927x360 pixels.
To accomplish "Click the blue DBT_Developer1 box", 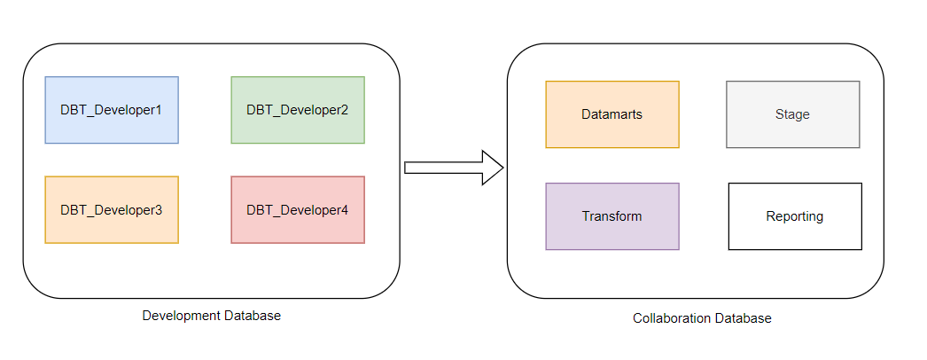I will (112, 110).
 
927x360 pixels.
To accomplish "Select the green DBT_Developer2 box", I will (298, 110).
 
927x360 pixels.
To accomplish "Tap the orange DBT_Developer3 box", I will (112, 210).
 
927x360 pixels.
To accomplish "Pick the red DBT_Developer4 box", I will (298, 210).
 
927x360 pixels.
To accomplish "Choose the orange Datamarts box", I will (612, 114).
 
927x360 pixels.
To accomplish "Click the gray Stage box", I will (792, 114).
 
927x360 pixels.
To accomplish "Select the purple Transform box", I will (612, 216).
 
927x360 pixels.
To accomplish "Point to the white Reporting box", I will (795, 216).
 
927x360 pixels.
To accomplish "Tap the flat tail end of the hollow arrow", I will (407, 168).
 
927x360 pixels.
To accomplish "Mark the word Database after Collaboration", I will (743, 318).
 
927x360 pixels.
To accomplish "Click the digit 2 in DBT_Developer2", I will (345, 110).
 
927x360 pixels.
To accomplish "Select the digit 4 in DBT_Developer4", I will (345, 210).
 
